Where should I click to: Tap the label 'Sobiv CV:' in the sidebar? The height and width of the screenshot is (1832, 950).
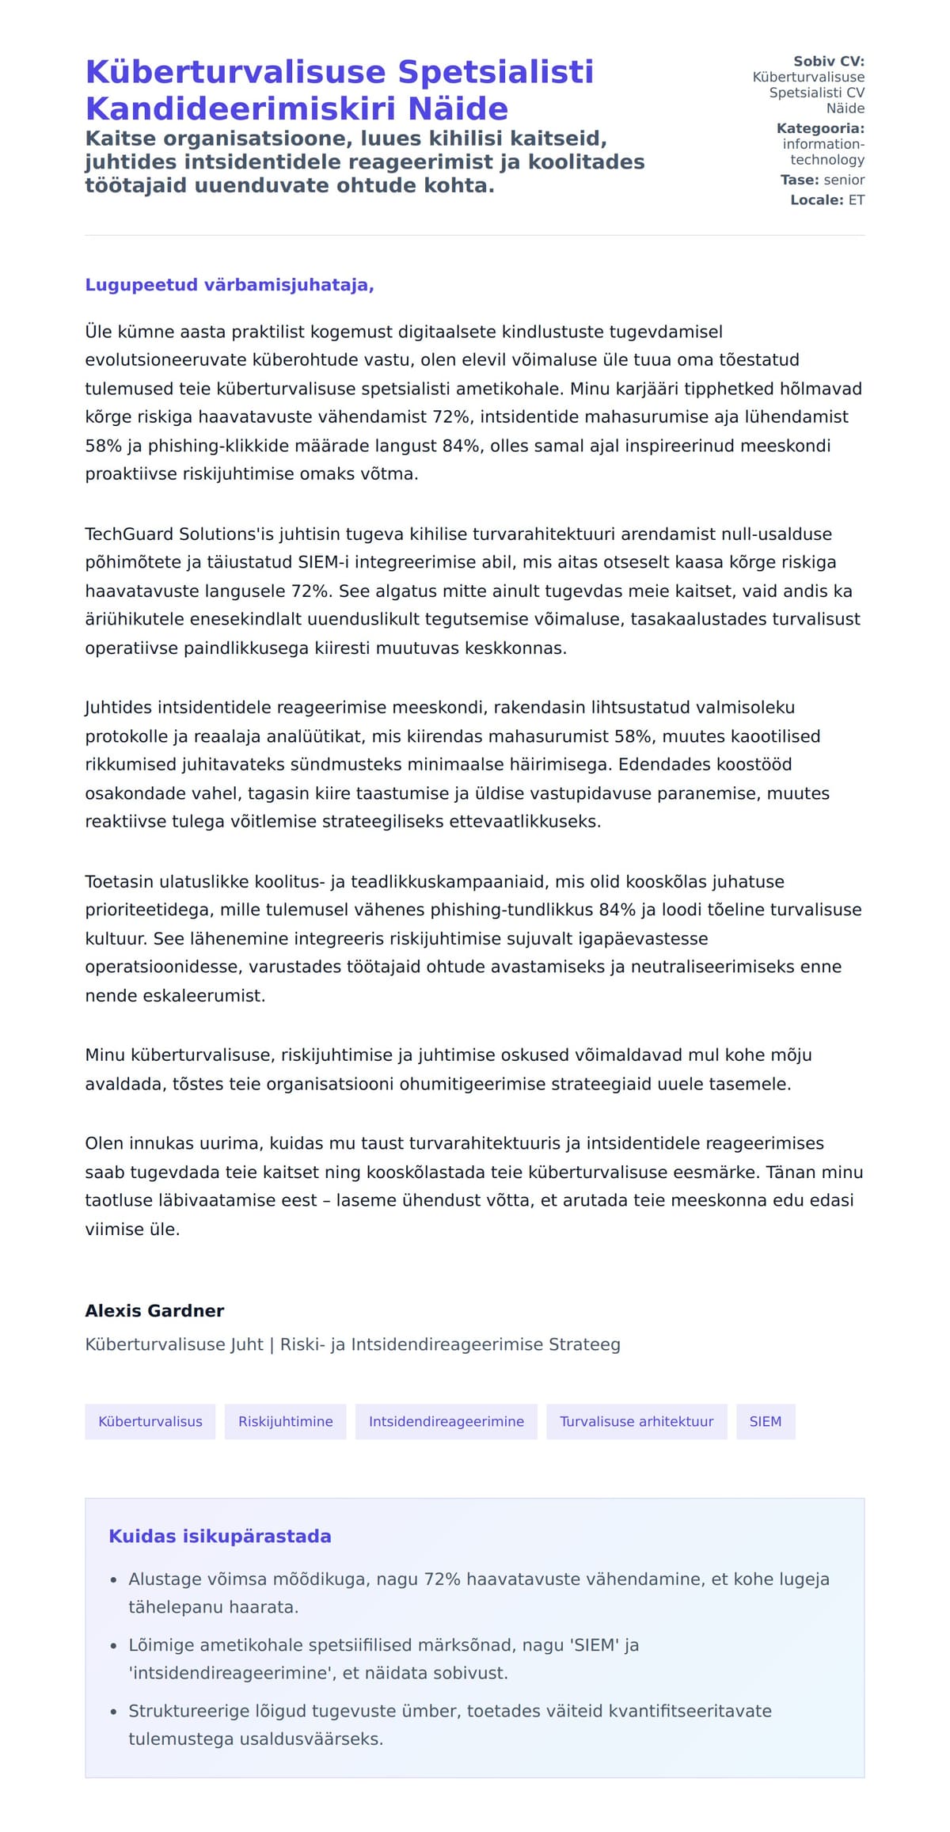coord(828,61)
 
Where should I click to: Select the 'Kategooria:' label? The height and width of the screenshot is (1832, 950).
coord(820,128)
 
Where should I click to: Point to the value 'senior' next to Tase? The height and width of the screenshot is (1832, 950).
coord(844,180)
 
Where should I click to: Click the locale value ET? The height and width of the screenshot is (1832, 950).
coord(857,200)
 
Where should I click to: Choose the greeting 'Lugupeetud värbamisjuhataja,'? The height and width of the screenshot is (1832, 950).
coord(230,285)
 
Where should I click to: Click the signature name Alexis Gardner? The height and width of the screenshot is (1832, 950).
coord(154,1310)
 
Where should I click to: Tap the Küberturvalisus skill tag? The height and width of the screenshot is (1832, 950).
coord(150,1421)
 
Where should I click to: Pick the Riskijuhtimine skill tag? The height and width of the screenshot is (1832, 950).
coord(286,1421)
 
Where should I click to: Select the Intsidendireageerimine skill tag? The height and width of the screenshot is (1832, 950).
coord(446,1421)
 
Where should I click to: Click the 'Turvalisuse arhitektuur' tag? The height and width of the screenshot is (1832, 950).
coord(636,1421)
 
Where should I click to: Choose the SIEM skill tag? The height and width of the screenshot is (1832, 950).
coord(766,1421)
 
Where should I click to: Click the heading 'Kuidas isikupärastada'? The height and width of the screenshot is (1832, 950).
coord(220,1536)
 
